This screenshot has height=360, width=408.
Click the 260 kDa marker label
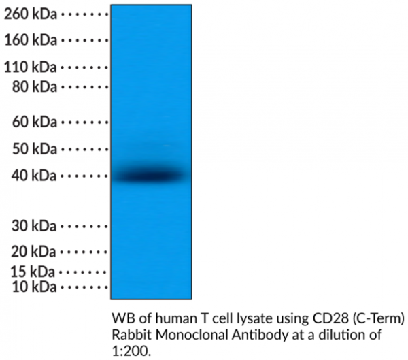[x=31, y=14]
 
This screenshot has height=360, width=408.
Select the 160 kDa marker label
[x=31, y=40]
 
